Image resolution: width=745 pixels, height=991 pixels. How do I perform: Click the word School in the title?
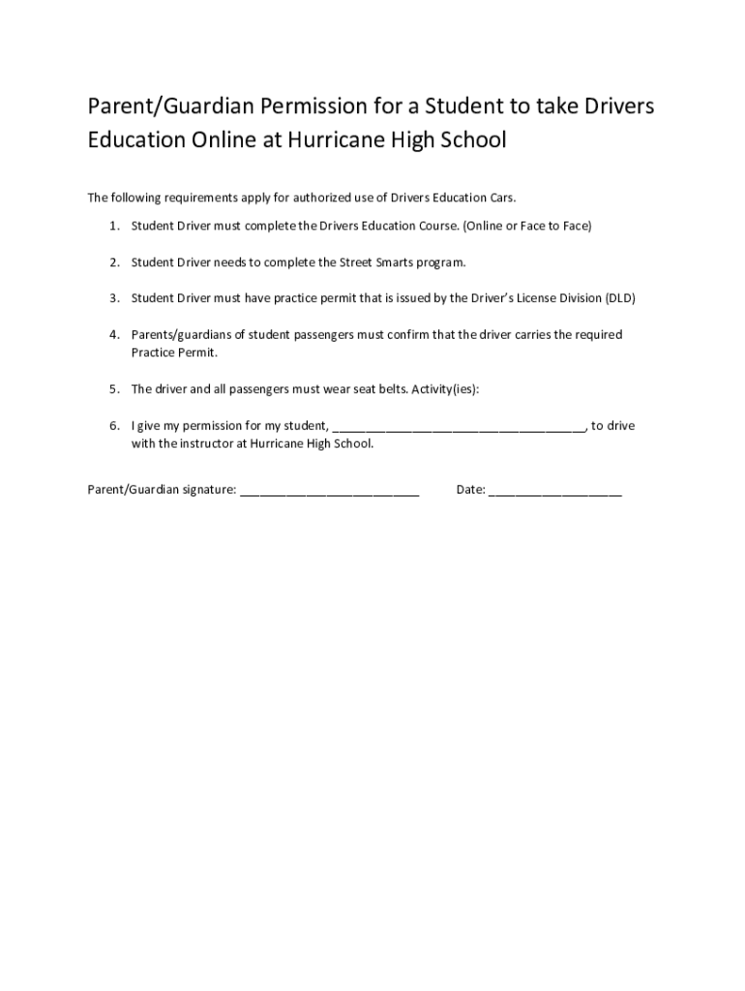pos(471,139)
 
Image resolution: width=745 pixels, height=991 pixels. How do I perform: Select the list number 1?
pos(113,225)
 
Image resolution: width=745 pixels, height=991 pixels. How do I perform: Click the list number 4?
pos(113,335)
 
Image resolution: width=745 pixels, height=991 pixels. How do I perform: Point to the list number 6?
pos(113,426)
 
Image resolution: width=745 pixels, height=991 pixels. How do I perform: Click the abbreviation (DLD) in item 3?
pos(619,298)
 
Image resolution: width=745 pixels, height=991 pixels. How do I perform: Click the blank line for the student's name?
pos(459,427)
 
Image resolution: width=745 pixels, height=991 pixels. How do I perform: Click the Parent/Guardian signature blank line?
pos(329,491)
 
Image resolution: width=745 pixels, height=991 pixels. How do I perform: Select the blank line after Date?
pos(554,491)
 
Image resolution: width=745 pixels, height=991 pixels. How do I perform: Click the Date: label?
pos(470,490)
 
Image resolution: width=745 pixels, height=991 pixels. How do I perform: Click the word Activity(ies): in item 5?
pos(445,389)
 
